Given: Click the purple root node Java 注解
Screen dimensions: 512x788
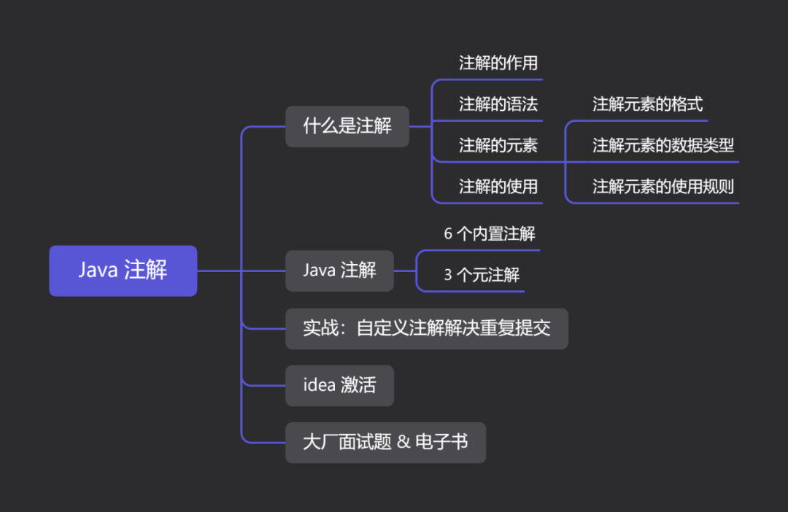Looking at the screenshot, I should click(x=123, y=271).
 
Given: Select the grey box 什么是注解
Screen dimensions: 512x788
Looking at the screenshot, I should click(x=347, y=126).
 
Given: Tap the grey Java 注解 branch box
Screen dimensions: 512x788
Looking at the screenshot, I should click(x=339, y=271).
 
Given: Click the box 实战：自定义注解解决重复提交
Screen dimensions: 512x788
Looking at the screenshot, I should click(x=426, y=328).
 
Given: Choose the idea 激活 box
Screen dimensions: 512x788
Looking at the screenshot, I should click(x=339, y=385).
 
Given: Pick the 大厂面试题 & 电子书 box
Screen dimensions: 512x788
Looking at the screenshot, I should click(x=385, y=442).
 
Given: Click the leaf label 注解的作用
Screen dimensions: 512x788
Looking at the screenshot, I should click(x=498, y=63).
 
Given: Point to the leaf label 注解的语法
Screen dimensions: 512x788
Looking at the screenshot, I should click(x=498, y=104).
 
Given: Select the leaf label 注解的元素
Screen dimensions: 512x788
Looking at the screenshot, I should click(x=498, y=146).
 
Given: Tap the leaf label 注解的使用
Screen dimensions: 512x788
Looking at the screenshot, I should click(x=498, y=187).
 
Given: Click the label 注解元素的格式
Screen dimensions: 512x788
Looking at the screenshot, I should click(x=647, y=104).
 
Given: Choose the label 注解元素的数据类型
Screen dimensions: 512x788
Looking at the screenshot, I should click(x=663, y=146).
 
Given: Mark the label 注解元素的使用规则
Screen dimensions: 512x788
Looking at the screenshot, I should click(x=663, y=187).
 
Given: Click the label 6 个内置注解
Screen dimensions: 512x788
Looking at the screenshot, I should click(x=490, y=234).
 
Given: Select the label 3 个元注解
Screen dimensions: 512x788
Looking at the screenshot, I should click(x=482, y=275).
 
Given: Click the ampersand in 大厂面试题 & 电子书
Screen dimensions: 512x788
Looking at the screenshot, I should click(x=403, y=442).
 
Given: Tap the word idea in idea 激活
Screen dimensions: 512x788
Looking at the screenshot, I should click(x=319, y=385).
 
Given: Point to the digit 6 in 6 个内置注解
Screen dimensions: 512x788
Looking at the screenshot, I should click(x=448, y=234).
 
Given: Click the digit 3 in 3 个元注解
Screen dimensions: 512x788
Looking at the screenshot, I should click(x=448, y=275).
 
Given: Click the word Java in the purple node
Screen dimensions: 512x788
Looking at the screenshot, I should click(x=98, y=271).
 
